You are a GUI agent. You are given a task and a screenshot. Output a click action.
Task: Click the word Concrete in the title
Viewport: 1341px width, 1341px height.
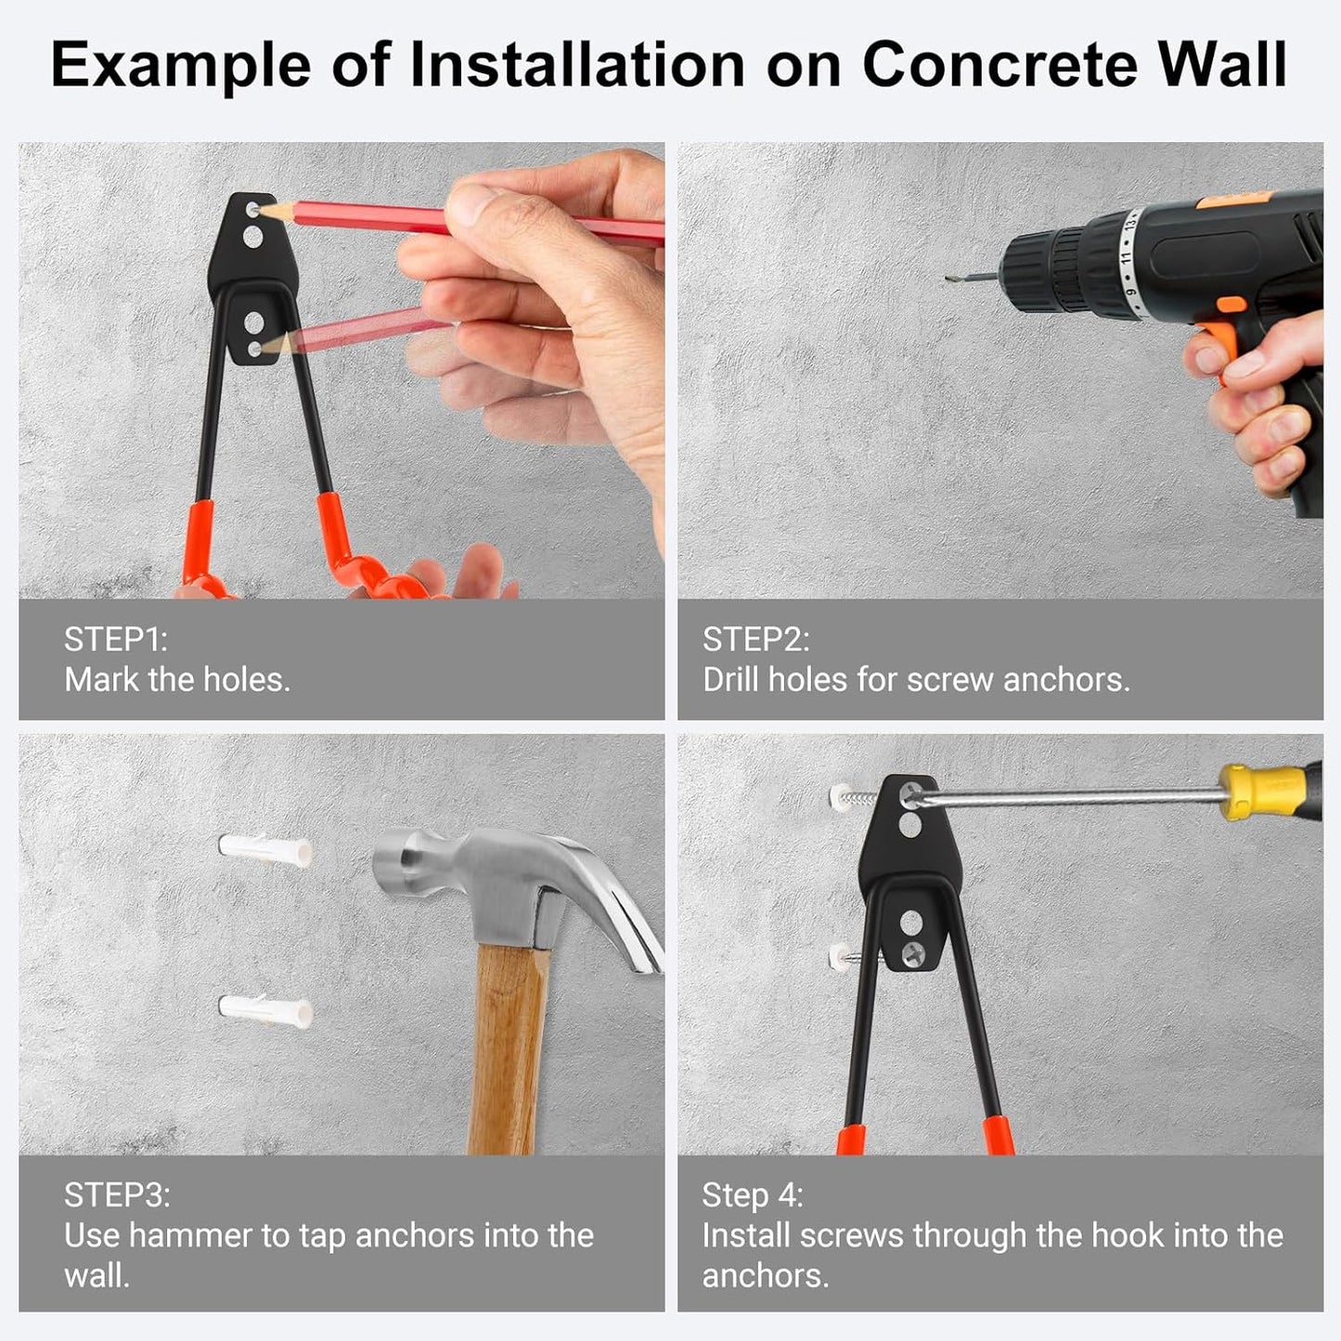tap(1000, 65)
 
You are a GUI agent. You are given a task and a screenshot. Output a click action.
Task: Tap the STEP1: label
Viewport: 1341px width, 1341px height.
tap(115, 639)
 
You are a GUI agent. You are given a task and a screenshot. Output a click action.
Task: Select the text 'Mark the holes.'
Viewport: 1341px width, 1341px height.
tap(177, 680)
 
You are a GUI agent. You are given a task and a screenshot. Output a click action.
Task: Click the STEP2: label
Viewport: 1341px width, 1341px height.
tap(755, 639)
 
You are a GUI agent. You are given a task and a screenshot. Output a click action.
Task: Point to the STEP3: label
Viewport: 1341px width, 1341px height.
tap(117, 1194)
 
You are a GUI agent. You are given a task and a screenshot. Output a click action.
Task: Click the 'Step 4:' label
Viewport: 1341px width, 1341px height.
tap(752, 1194)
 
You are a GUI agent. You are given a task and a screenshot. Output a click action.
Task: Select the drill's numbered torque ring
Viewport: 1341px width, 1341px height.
tap(1127, 252)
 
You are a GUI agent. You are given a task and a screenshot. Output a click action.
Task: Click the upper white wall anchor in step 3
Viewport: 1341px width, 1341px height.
tap(265, 849)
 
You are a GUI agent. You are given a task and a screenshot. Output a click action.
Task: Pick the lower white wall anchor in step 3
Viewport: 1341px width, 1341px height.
tap(265, 1009)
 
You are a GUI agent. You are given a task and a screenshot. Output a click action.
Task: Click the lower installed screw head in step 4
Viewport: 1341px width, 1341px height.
tap(914, 951)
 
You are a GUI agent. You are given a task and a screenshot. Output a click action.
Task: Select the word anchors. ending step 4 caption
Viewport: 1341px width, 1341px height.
tap(765, 1276)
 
